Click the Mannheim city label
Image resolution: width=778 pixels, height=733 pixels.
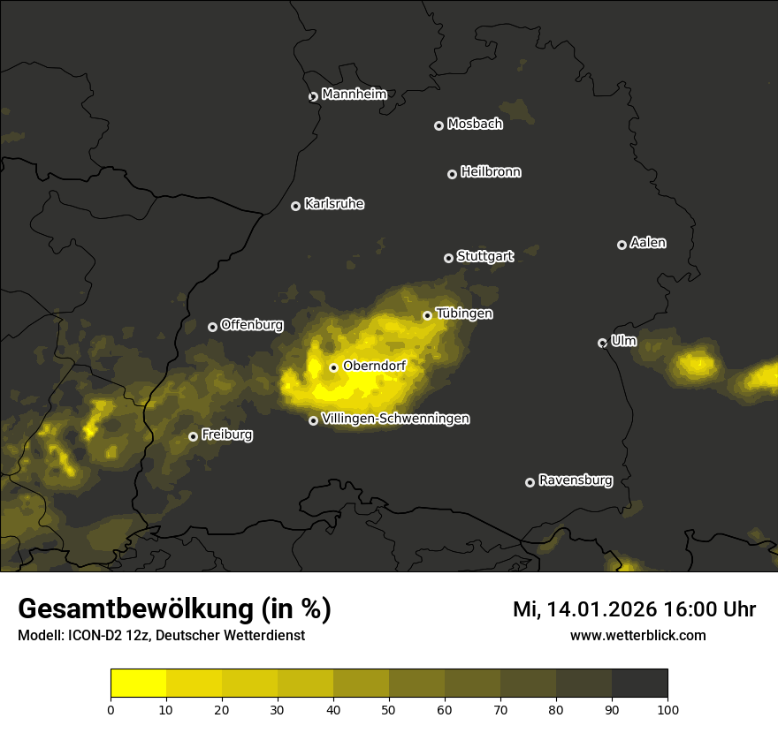pyautogui.click(x=354, y=94)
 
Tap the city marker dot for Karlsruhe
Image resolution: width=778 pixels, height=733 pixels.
pyautogui.click(x=295, y=206)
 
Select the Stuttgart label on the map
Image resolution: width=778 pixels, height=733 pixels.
pyautogui.click(x=484, y=257)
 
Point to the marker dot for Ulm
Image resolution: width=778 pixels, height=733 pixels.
pyautogui.click(x=602, y=343)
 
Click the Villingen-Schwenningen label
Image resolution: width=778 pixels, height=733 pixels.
pyautogui.click(x=395, y=419)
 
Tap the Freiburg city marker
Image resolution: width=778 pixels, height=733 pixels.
pyautogui.click(x=193, y=436)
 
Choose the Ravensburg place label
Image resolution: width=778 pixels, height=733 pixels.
pyautogui.click(x=575, y=480)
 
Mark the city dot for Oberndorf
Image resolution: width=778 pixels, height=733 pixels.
pyautogui.click(x=333, y=367)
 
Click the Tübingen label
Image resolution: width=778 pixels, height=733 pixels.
pyautogui.click(x=463, y=314)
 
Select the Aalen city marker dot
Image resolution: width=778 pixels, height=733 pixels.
pyautogui.click(x=622, y=245)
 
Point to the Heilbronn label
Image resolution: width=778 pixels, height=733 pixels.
pyautogui.click(x=491, y=172)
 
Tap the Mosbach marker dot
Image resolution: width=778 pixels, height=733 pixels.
pyautogui.click(x=438, y=125)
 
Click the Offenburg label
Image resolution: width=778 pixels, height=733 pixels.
pyautogui.click(x=252, y=325)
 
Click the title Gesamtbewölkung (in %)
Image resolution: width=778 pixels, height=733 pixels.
pyautogui.click(x=174, y=609)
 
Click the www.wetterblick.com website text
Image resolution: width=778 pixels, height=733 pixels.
pyautogui.click(x=637, y=636)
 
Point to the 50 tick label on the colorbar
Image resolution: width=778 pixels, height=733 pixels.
pyautogui.click(x=389, y=709)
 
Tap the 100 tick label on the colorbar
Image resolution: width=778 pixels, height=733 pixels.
pyautogui.click(x=667, y=709)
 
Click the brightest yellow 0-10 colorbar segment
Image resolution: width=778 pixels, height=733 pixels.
pyautogui.click(x=139, y=683)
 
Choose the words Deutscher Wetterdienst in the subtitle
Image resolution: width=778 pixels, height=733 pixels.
pyautogui.click(x=231, y=636)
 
